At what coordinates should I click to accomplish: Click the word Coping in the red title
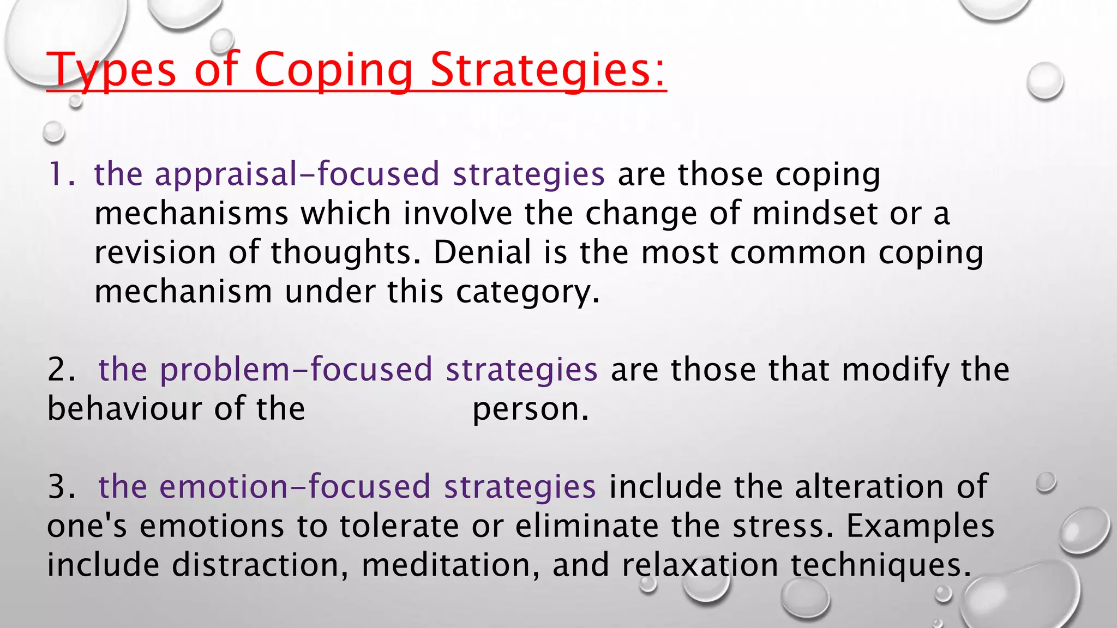(x=333, y=71)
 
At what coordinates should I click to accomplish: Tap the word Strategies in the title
(x=548, y=71)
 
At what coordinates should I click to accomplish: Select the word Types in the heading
(x=112, y=71)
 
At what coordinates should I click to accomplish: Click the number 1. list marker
(x=62, y=174)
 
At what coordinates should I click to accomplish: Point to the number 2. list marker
(x=61, y=370)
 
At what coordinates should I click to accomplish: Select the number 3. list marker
(x=61, y=487)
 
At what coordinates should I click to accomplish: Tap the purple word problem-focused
(x=296, y=370)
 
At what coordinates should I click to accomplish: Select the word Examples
(x=920, y=527)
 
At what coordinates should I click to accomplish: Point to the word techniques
(x=881, y=565)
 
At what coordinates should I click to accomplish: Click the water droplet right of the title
(x=1044, y=81)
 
